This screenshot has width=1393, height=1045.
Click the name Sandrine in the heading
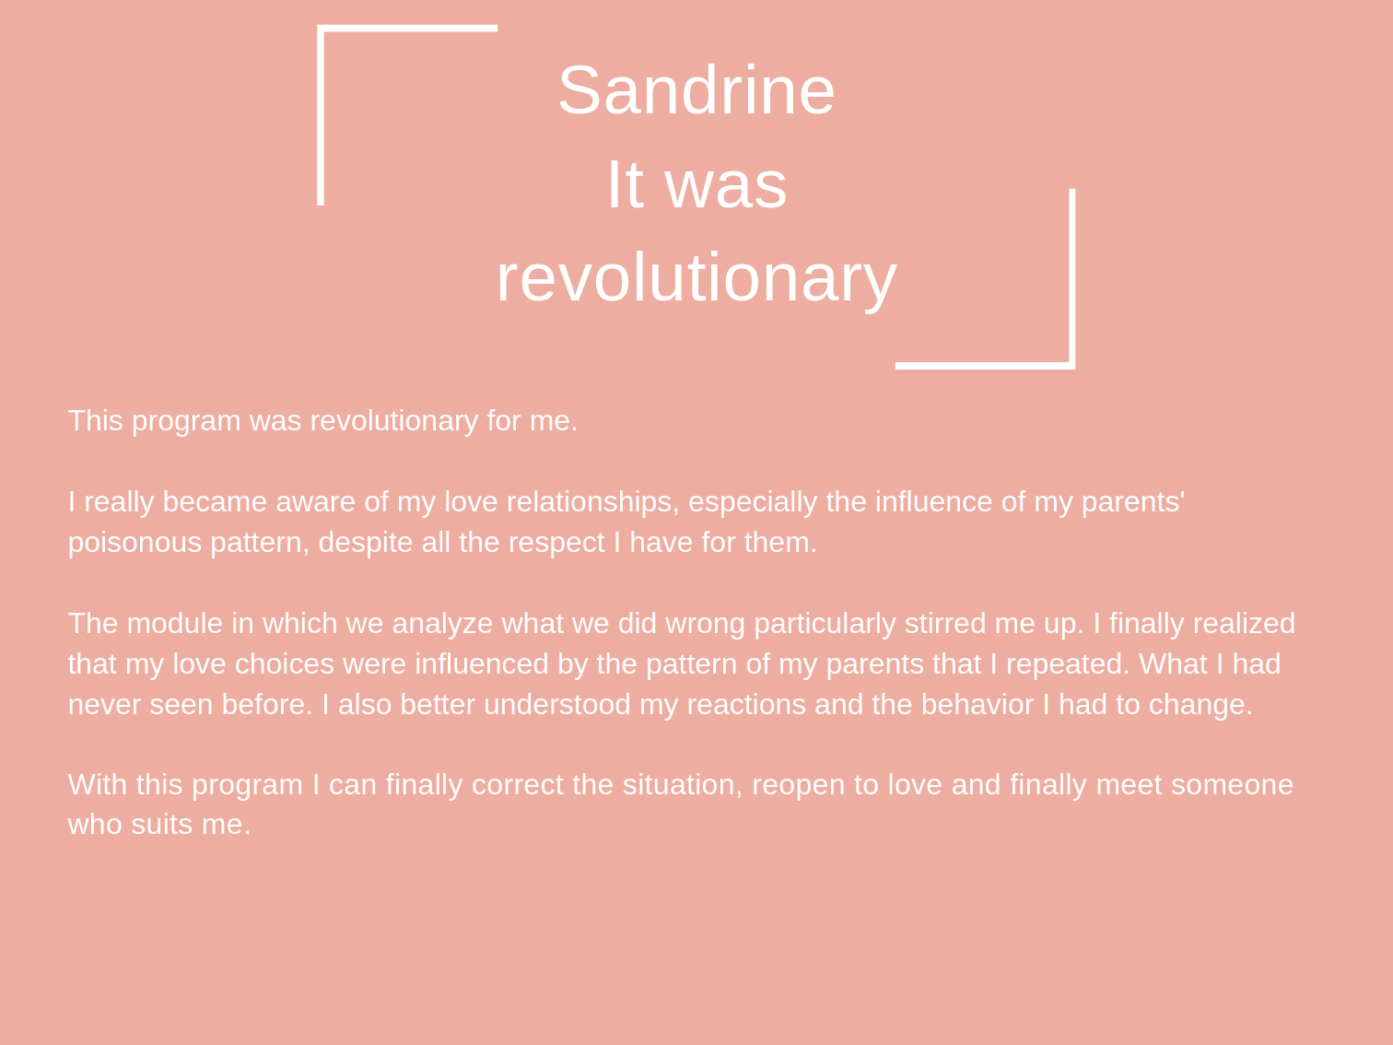tap(696, 90)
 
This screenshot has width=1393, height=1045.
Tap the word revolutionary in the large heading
tap(696, 278)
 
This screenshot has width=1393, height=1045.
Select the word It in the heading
tap(626, 184)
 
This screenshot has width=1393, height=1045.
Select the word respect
tap(556, 543)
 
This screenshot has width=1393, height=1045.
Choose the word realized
tap(1244, 624)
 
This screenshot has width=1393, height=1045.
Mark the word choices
tap(285, 664)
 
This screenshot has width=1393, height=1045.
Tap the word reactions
tap(746, 705)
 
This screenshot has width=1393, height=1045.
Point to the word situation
tap(683, 785)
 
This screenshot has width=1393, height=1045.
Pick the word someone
tap(1232, 785)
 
